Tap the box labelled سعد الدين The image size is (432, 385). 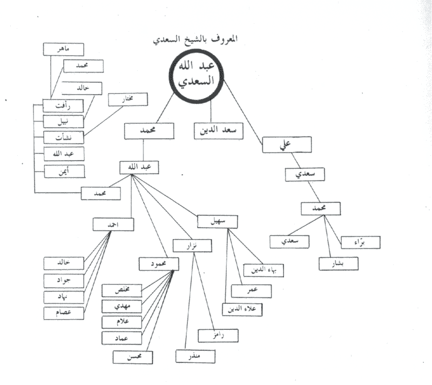click(218, 130)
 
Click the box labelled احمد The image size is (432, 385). click(113, 224)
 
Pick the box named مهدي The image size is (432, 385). click(122, 307)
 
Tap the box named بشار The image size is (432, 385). click(339, 263)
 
